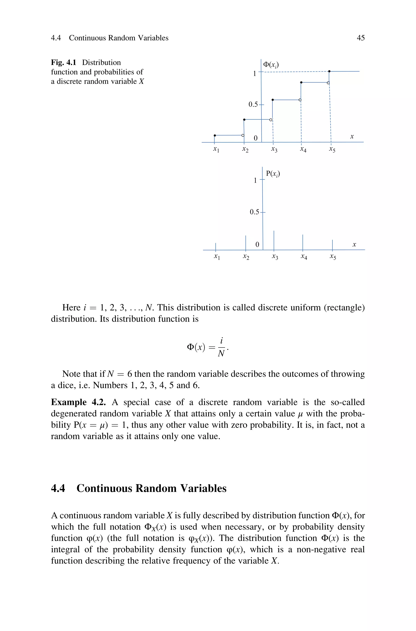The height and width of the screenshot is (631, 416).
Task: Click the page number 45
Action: click(361, 38)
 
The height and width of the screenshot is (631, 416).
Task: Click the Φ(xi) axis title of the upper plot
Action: click(271, 65)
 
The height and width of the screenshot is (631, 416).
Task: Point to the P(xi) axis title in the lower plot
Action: click(273, 174)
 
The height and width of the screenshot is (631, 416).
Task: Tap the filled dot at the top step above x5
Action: click(329, 71)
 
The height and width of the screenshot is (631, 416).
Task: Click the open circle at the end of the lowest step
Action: click(243, 135)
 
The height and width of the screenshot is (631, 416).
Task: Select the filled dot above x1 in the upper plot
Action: click(215, 135)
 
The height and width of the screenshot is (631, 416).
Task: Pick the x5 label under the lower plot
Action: click(333, 257)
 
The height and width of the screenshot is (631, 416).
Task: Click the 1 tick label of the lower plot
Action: click(255, 180)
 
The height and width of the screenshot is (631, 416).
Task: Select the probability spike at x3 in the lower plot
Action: click(274, 240)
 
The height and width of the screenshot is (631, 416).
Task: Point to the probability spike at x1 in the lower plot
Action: click(216, 247)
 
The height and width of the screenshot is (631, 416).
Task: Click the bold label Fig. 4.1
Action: click(64, 63)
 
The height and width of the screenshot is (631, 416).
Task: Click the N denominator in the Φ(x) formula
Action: click(221, 353)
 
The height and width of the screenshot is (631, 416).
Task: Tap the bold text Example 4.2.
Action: click(78, 402)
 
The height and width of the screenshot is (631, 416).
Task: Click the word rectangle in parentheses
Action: click(344, 307)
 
